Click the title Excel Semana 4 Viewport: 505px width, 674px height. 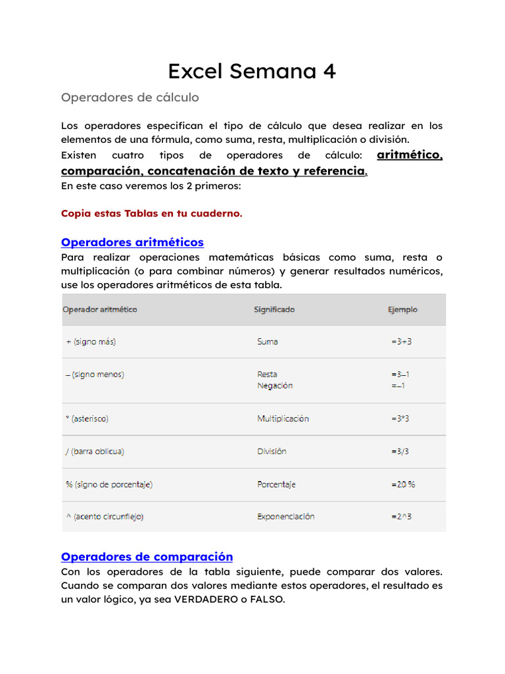[252, 71]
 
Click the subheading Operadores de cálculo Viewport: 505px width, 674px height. [130, 97]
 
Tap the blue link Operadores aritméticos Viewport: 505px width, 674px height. [132, 242]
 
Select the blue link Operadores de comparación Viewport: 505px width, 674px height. [147, 557]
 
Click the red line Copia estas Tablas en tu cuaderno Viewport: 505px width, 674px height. [151, 213]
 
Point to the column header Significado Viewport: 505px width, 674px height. [274, 309]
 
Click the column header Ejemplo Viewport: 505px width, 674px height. [402, 309]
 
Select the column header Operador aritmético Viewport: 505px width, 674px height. [100, 309]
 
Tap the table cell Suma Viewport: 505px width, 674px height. [268, 342]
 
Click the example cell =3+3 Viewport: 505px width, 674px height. [401, 342]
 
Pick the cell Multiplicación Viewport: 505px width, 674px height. [283, 419]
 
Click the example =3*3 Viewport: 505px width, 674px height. [401, 419]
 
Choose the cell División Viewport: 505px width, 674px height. [272, 452]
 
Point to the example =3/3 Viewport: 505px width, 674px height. [401, 452]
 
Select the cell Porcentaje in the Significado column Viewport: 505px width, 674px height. [276, 484]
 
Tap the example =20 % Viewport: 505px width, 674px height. [403, 484]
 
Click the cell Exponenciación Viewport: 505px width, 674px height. [285, 517]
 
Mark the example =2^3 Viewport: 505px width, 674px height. [401, 517]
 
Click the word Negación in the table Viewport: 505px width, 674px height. [275, 386]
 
